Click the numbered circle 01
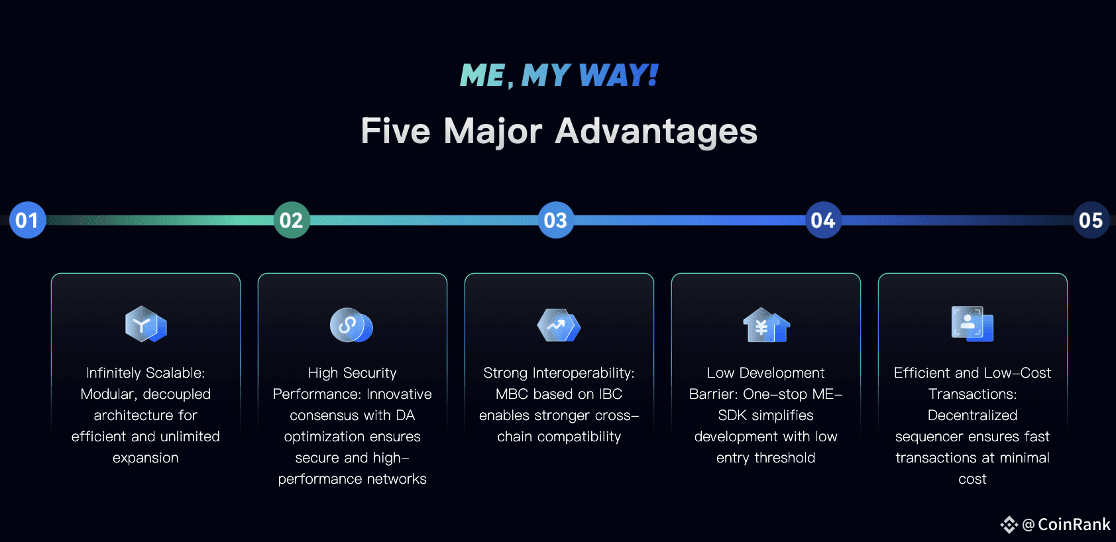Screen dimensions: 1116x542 tap(27, 220)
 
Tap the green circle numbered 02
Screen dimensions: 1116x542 tap(292, 220)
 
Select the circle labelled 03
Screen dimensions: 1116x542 tap(555, 220)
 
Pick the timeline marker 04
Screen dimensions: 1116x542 tap(823, 220)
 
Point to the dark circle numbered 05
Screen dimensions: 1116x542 tap(1091, 220)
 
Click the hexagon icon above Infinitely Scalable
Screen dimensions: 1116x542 tap(145, 324)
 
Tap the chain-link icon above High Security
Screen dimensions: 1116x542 tap(351, 325)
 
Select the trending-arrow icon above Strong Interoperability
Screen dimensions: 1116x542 tap(558, 325)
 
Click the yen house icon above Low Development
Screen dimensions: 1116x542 tap(765, 325)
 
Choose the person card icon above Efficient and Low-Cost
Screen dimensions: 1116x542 tap(972, 323)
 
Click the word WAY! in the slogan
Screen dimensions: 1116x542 tap(618, 76)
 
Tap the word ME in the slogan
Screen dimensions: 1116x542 tap(482, 76)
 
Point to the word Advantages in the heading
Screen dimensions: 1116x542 tap(656, 131)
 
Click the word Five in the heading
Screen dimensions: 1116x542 tap(396, 131)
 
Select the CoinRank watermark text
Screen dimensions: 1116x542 tap(1074, 525)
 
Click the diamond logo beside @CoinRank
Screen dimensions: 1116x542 tap(1009, 525)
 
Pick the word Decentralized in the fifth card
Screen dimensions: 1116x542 tap(972, 415)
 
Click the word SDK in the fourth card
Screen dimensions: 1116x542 tap(732, 415)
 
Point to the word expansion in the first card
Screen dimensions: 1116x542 tap(145, 458)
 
